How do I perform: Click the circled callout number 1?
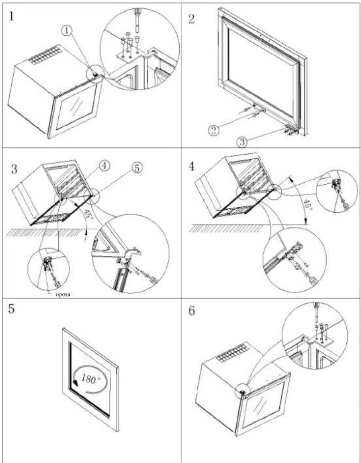68,30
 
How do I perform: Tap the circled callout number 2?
214,130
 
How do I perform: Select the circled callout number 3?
242,142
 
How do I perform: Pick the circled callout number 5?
136,168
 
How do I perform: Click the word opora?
63,295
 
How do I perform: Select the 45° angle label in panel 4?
308,204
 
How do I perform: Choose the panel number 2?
191,19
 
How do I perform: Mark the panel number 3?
14,169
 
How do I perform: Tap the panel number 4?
191,167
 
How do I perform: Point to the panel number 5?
11,309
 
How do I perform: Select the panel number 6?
192,311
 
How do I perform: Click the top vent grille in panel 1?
46,55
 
